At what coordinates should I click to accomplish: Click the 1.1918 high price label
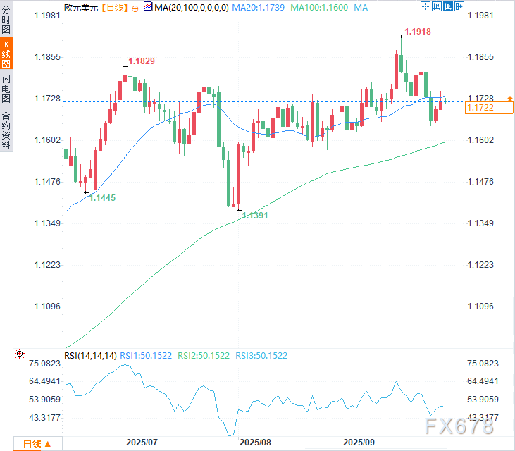click(x=418, y=32)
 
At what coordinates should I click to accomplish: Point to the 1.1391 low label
click(x=255, y=216)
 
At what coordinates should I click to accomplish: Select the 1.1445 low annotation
click(x=103, y=199)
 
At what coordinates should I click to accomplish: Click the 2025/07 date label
click(x=142, y=443)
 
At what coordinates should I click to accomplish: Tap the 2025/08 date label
click(x=255, y=443)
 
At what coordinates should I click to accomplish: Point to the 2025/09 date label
click(x=358, y=443)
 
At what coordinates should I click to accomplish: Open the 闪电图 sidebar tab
click(x=6, y=88)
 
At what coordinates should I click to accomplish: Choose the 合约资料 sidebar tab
click(x=6, y=130)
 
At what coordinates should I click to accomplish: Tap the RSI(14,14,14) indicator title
click(x=89, y=355)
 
